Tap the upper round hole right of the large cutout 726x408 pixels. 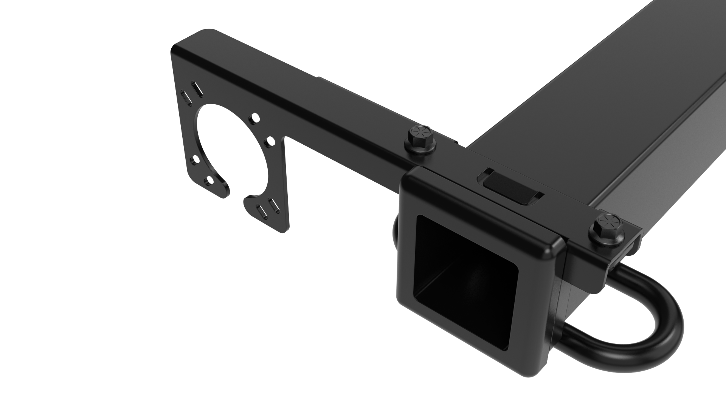click(x=255, y=118)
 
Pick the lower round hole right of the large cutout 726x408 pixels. click(x=271, y=141)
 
